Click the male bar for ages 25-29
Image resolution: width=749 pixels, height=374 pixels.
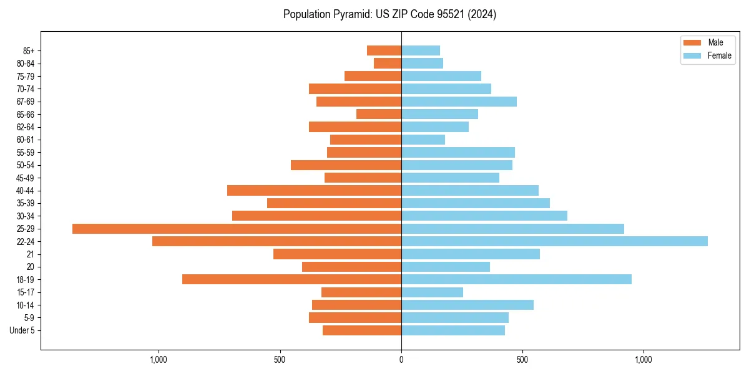237,229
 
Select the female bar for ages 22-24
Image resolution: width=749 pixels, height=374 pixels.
554,241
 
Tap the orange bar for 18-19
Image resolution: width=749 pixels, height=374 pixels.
291,279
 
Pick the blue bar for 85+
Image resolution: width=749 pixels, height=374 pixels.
421,50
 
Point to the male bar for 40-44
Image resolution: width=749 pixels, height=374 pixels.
314,191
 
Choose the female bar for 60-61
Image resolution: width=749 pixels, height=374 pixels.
423,140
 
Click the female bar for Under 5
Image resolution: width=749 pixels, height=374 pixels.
453,330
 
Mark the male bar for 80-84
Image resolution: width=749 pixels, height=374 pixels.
388,63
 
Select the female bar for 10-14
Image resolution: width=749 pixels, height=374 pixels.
468,305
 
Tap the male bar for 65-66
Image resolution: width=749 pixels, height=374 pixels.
379,114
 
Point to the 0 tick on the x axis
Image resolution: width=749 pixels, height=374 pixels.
401,360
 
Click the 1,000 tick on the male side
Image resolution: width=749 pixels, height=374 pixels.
159,360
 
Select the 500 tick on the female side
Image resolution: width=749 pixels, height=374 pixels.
522,360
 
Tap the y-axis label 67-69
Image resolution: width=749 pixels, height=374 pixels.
26,102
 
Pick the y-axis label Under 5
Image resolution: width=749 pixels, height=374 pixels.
22,330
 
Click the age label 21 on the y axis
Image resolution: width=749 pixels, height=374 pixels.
31,254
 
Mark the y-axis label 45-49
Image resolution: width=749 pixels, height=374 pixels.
26,178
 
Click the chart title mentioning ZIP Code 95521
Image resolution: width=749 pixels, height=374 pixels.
389,14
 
